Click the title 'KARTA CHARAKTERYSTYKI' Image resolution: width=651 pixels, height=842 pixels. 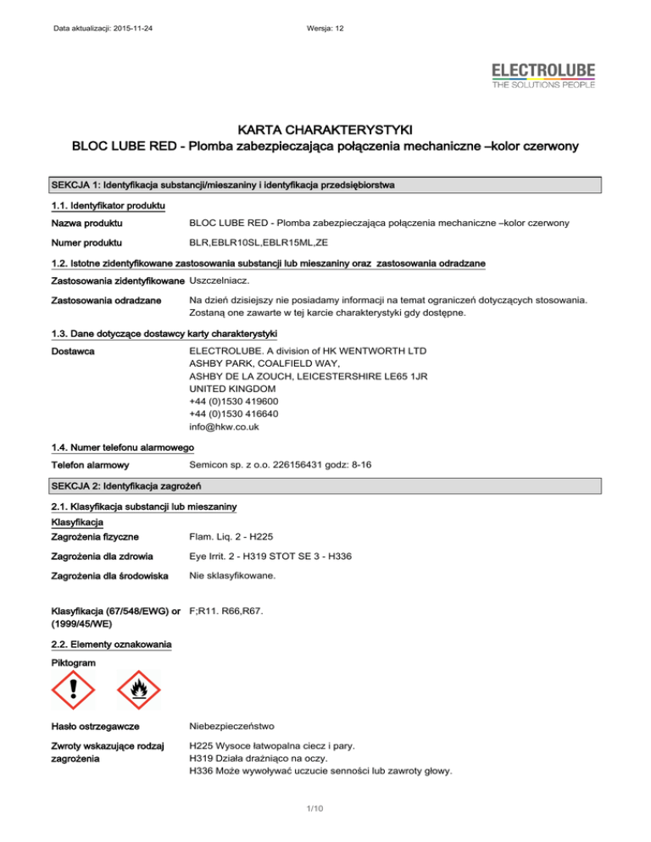[x=325, y=130]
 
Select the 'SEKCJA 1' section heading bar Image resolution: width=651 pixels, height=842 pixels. [x=325, y=184]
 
